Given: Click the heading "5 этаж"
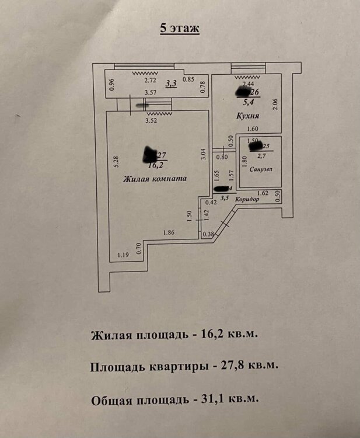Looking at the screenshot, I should (180, 29).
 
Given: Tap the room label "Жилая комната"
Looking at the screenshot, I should (154, 179).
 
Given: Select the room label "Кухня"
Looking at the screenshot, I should (247, 116).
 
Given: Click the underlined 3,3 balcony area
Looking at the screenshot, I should (172, 84).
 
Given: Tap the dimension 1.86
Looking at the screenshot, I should (169, 232).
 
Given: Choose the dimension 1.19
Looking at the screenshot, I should (123, 255).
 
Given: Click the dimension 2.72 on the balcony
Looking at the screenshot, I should (151, 81).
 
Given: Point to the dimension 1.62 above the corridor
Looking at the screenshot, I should (262, 193).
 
